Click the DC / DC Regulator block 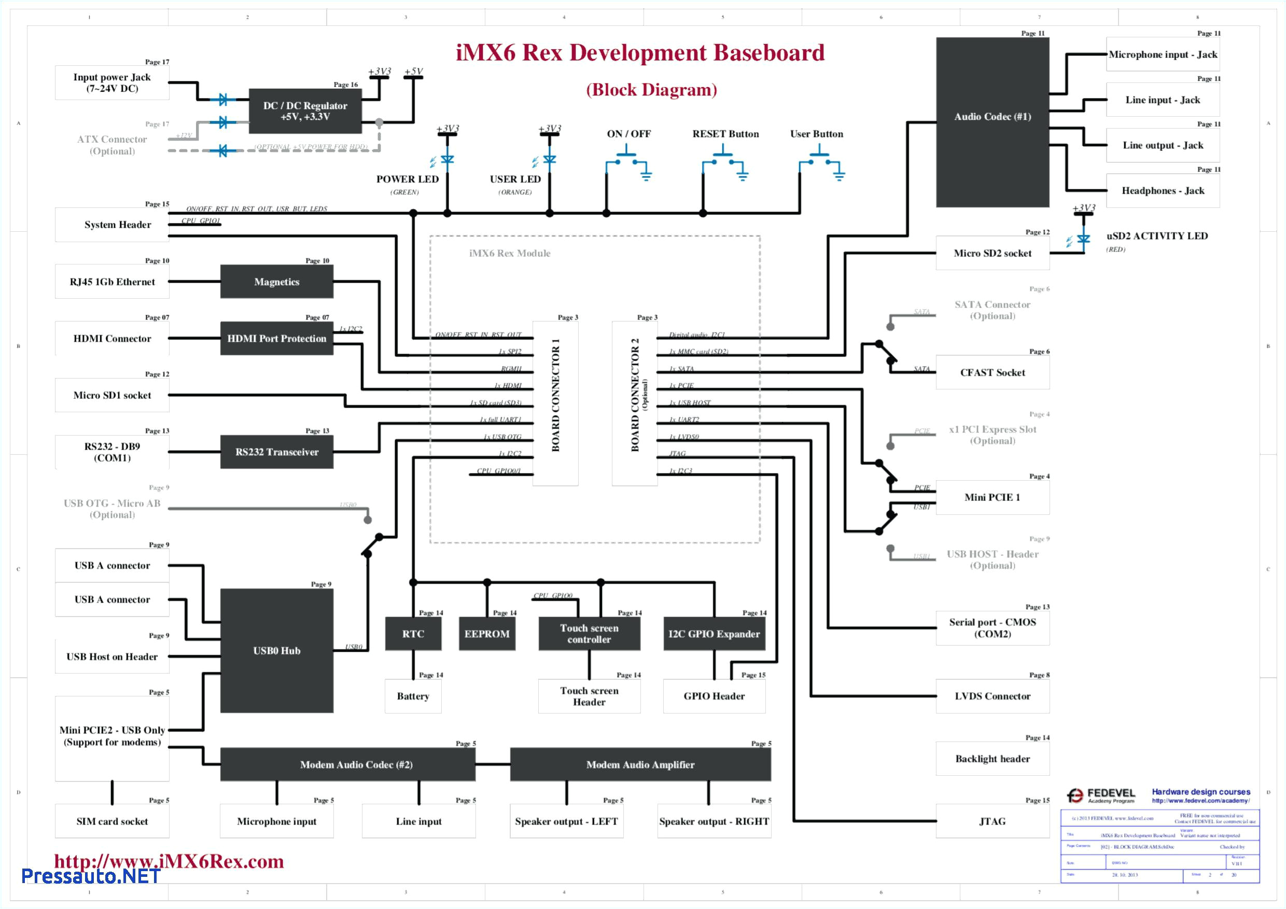[305, 111]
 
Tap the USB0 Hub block [277, 650]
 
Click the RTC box [413, 634]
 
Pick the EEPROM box [487, 634]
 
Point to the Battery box [413, 696]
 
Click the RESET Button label [725, 134]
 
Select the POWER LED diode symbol [447, 160]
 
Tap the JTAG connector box [992, 821]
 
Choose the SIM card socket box [112, 821]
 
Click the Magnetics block [277, 282]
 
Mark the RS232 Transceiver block [277, 452]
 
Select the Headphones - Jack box [1162, 191]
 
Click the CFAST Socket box [992, 372]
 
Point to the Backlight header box [992, 759]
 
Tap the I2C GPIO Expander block [714, 634]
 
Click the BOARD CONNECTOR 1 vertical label [555, 395]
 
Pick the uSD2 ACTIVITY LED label [1156, 236]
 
